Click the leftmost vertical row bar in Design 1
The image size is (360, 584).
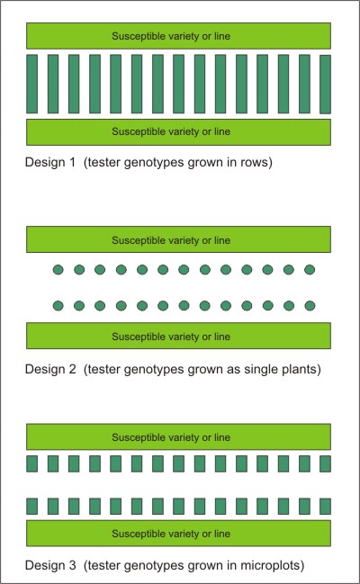(x=32, y=84)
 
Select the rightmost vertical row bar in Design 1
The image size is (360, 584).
(x=325, y=85)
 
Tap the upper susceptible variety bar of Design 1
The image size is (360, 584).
(x=178, y=36)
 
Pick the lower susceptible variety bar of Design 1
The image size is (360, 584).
(x=178, y=132)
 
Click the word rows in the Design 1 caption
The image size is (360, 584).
(x=254, y=162)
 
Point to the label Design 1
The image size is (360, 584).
(x=49, y=162)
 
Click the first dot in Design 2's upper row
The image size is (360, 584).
(x=58, y=269)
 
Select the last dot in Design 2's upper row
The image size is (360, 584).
(x=310, y=269)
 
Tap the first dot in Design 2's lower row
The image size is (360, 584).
(x=58, y=306)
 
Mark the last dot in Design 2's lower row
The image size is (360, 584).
(x=310, y=306)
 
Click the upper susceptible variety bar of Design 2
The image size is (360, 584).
(x=178, y=239)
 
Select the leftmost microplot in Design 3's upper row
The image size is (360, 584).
(x=32, y=464)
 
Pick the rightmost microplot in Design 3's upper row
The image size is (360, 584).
(x=325, y=464)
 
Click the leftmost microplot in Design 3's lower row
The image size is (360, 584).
(x=32, y=506)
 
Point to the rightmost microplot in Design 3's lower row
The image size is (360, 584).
(x=325, y=506)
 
